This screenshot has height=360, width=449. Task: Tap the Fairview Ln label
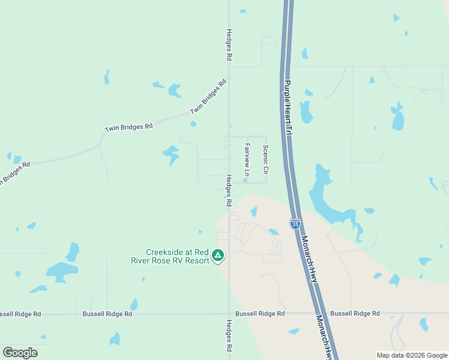(247, 160)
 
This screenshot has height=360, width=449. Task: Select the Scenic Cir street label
(265, 159)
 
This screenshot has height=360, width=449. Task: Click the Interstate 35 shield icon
(295, 224)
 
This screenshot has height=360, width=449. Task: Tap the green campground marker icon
(218, 256)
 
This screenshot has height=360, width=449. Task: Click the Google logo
(20, 352)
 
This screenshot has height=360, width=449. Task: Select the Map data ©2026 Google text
(412, 355)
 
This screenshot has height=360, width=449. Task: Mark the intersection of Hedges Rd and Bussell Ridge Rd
(229, 313)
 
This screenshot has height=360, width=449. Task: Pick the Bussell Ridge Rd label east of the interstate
(355, 313)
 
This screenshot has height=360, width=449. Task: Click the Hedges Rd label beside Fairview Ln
(229, 190)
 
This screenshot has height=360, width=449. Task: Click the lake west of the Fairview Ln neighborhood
(171, 154)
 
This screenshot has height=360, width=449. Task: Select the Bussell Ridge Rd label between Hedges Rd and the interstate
(260, 313)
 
